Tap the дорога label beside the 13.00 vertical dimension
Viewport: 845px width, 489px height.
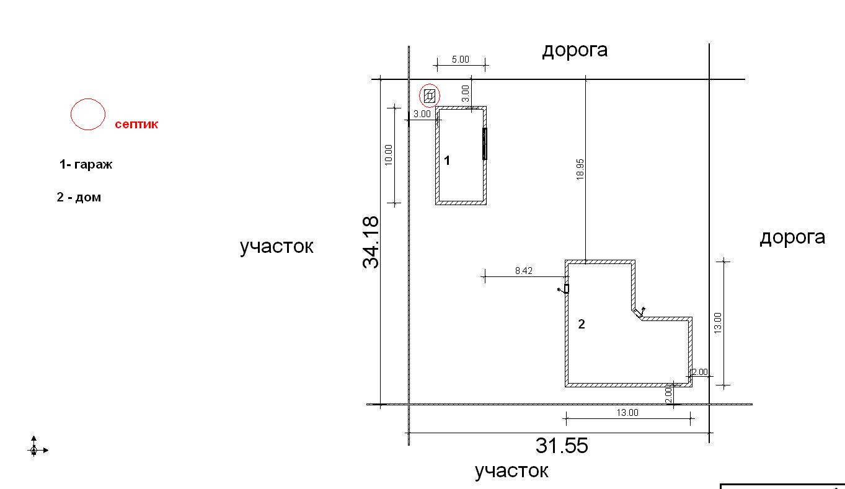[792, 238]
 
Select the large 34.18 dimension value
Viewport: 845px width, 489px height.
[371, 242]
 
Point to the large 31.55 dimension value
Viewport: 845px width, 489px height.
[562, 445]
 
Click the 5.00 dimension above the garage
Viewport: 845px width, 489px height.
[461, 59]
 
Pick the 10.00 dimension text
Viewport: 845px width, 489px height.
[389, 155]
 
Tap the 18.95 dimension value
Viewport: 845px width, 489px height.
[580, 169]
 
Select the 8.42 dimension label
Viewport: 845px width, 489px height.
[524, 271]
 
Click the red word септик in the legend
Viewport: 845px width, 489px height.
[136, 125]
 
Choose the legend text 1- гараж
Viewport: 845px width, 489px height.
[86, 164]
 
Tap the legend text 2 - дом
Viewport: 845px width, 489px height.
[79, 197]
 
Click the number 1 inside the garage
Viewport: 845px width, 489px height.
[447, 161]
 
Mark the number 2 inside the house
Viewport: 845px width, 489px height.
[582, 324]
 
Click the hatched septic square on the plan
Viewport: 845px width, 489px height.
[429, 96]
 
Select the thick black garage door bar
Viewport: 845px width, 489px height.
[485, 144]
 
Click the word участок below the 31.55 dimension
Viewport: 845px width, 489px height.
[511, 471]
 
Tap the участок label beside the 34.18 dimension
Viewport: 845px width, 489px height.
[277, 247]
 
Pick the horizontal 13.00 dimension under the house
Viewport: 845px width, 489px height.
[627, 413]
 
